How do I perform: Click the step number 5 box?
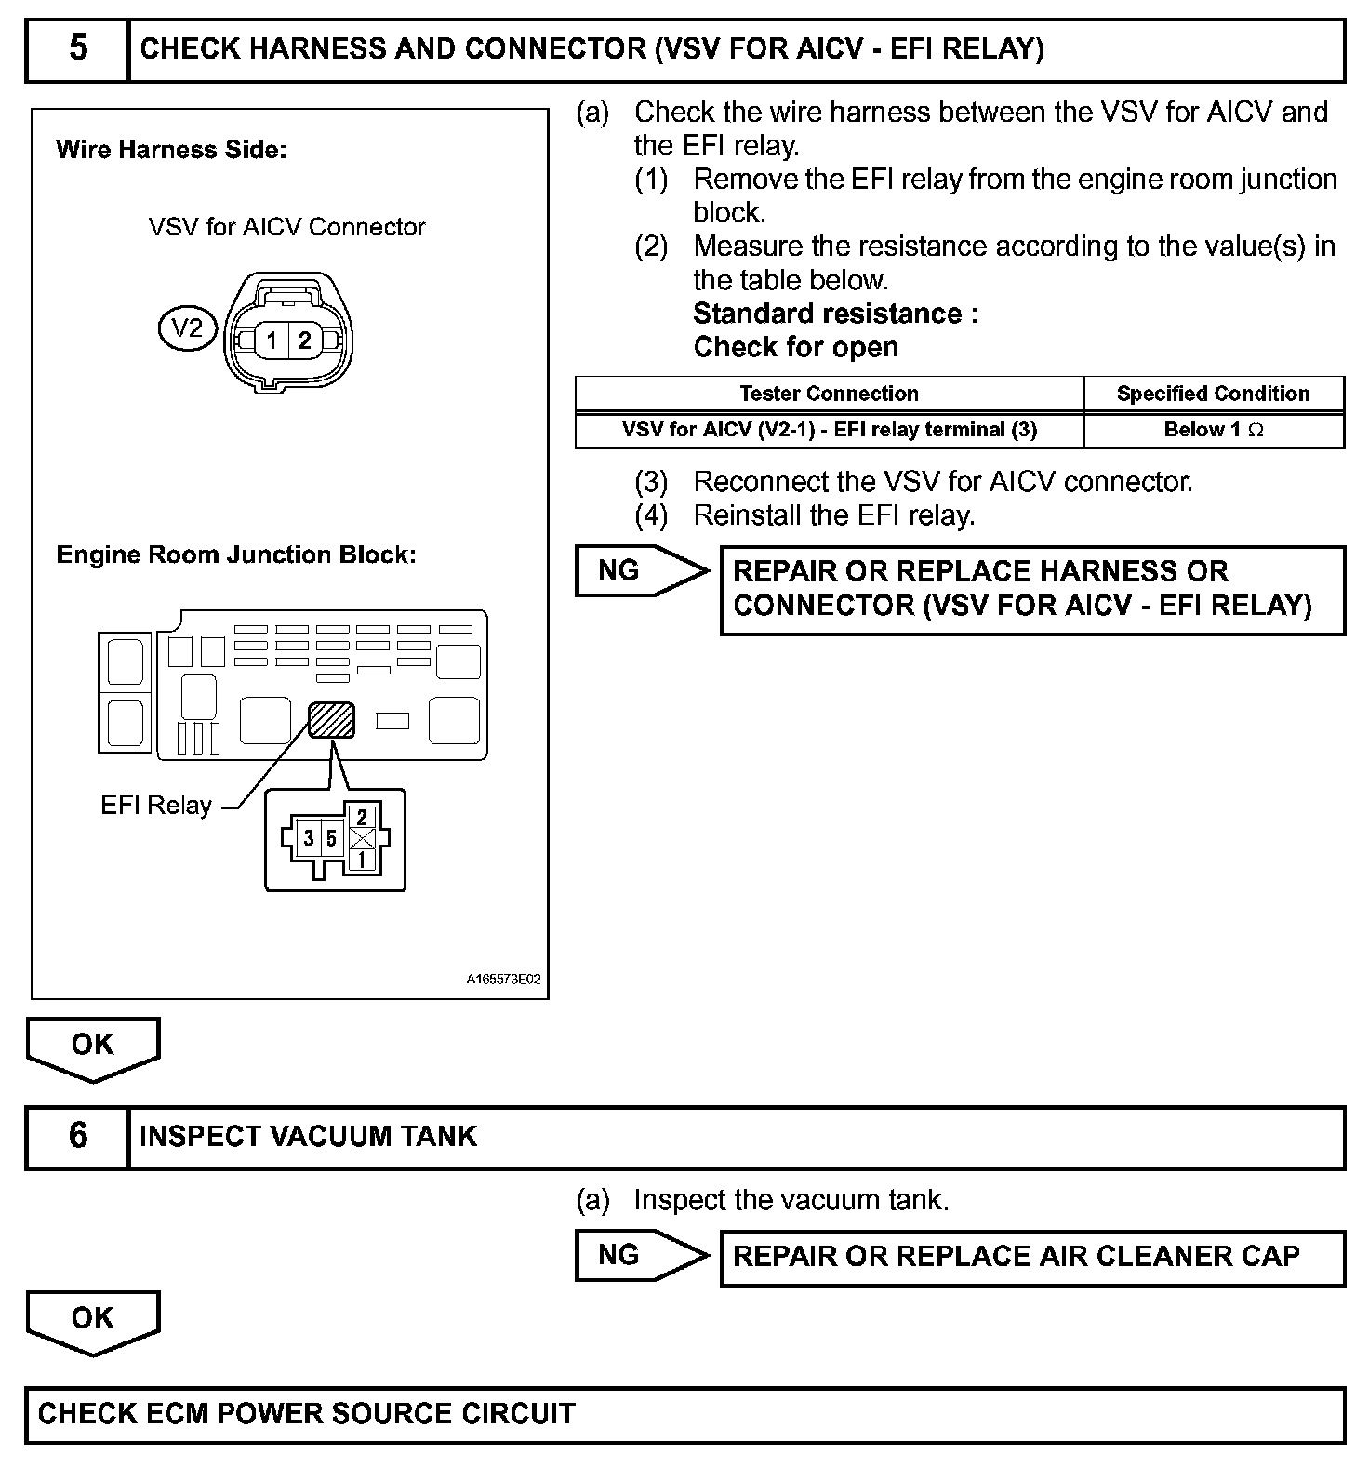coord(78,49)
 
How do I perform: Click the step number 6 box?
coord(78,1136)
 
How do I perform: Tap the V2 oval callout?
coord(187,328)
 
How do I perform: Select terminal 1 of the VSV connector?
coord(272,340)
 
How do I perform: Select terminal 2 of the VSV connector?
coord(304,340)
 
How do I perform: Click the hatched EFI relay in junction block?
coord(331,719)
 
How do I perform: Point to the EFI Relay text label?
coord(155,806)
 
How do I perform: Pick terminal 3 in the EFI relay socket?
coord(309,839)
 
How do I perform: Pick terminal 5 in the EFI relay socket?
coord(331,839)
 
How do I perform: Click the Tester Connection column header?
coord(829,394)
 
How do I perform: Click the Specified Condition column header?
coord(1213,394)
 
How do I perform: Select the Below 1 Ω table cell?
coord(1213,430)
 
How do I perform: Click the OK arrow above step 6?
coord(92,1047)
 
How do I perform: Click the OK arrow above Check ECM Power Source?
coord(92,1320)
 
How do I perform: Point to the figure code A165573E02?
coord(503,980)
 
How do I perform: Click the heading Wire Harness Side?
coord(171,150)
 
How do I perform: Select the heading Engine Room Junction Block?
coord(236,554)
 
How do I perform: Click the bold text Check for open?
coord(796,347)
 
